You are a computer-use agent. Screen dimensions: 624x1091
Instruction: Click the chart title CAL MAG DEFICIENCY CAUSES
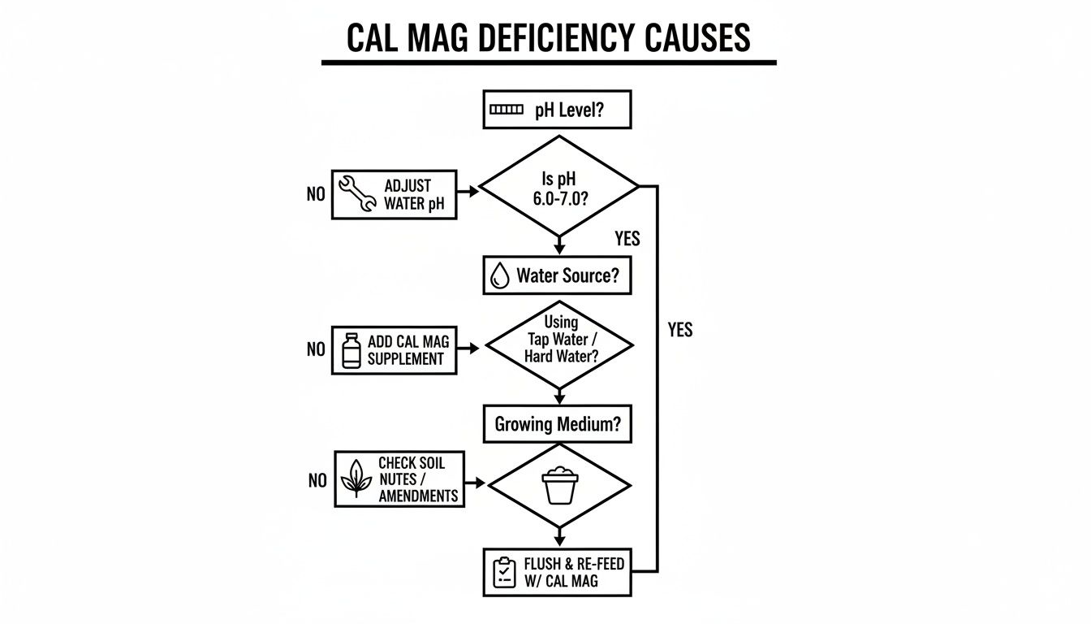[548, 37]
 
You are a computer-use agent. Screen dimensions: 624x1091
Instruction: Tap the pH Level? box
[557, 110]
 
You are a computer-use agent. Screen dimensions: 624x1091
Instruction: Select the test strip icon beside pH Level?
[507, 110]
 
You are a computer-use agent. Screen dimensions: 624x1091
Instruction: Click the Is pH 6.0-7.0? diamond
[558, 186]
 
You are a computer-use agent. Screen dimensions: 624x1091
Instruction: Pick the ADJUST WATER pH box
[394, 195]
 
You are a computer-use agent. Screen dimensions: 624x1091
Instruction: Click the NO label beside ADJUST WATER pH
[316, 195]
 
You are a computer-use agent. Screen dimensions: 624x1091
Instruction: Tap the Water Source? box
[557, 275]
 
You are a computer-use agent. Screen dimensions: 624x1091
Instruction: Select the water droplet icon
[500, 276]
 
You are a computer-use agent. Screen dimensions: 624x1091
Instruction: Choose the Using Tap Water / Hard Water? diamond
[559, 344]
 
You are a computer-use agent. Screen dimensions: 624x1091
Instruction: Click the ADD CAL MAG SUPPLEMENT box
[394, 350]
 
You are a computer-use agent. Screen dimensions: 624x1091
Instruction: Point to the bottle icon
[351, 350]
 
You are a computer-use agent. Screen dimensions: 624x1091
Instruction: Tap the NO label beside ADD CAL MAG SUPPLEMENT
[316, 349]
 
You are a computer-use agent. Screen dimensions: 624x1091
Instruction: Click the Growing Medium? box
[557, 424]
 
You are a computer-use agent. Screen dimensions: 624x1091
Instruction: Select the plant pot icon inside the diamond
[559, 485]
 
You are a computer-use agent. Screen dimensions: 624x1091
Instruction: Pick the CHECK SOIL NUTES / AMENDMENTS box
[399, 479]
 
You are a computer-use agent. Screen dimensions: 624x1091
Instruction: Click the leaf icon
[356, 479]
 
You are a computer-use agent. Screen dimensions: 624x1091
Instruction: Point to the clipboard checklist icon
[504, 573]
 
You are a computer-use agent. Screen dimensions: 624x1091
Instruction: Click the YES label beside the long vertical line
[680, 329]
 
